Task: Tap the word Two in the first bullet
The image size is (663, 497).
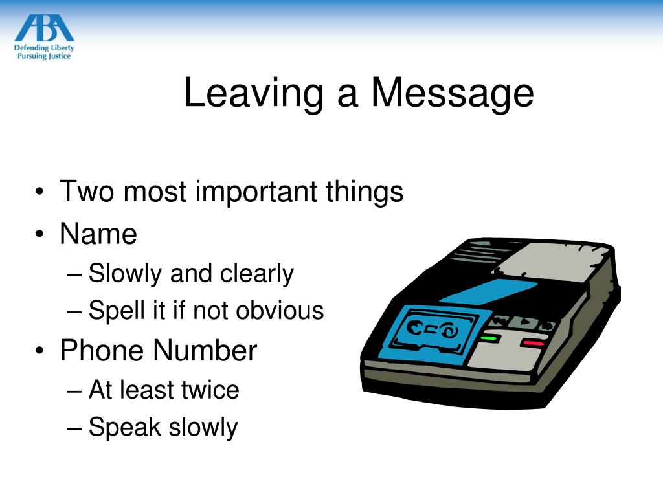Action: pos(85,192)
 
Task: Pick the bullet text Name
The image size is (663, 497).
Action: pos(98,233)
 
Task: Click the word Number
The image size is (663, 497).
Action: pos(205,350)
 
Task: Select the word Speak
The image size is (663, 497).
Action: pos(125,428)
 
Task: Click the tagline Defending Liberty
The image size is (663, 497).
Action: pos(44,47)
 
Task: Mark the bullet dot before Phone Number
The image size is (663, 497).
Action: pos(41,351)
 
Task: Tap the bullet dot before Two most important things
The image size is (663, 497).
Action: pos(41,193)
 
